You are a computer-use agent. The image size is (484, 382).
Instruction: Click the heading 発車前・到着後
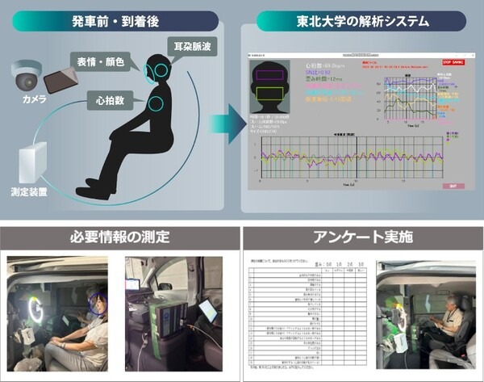pyautogui.click(x=119, y=20)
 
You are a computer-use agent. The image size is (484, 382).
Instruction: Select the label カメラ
pyautogui.click(x=33, y=103)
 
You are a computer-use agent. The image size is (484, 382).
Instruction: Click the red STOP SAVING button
pyautogui.click(x=453, y=61)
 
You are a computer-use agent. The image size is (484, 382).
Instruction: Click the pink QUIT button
pyautogui.click(x=453, y=187)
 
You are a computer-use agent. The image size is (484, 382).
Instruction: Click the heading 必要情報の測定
pyautogui.click(x=119, y=237)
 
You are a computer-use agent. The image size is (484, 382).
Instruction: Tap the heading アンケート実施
pyautogui.click(x=362, y=237)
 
